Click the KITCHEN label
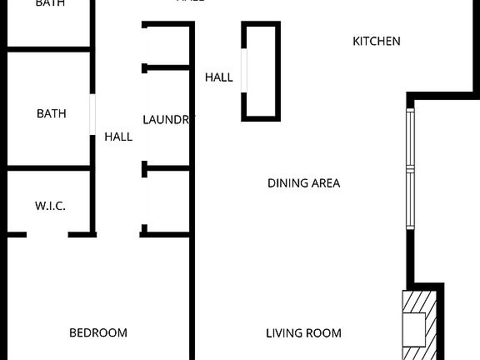coord(377,41)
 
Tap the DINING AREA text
coord(303,183)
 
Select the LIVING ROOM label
coord(303,333)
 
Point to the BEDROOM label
coord(98,333)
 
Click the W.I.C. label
coord(50,206)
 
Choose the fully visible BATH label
coord(51,114)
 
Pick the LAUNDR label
coord(167,120)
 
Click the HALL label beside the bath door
coord(118,137)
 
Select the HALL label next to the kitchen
coord(219,77)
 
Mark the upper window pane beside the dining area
coord(409,137)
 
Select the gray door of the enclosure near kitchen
coord(244,70)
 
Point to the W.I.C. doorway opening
coord(50,234)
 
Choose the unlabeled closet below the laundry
coord(167,200)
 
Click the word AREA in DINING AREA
coord(325,183)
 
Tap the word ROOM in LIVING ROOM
coord(325,333)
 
